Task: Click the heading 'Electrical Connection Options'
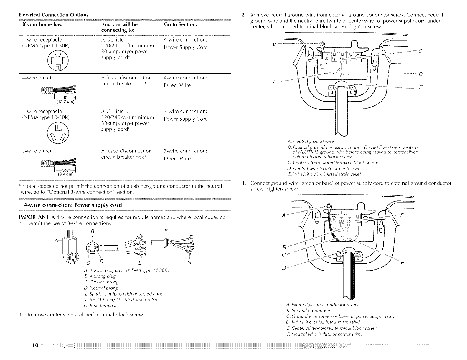coord(53,15)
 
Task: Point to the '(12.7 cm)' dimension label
coord(65,102)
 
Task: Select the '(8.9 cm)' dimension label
coord(65,174)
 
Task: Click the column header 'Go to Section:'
coord(181,24)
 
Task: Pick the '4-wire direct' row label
coord(37,78)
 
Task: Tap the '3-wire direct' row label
coord(37,151)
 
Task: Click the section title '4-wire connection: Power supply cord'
coord(73,205)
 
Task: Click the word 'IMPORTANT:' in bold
coord(34,217)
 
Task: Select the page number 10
coord(35,345)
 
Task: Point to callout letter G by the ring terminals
coord(189,262)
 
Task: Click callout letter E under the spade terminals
coord(140,263)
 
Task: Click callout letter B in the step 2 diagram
coord(274,44)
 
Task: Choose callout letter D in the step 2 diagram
coord(420,74)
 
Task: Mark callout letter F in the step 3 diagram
coord(402,262)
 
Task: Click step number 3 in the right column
coord(243,183)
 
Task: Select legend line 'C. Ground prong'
coord(101,282)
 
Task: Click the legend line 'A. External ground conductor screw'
coord(322,305)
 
